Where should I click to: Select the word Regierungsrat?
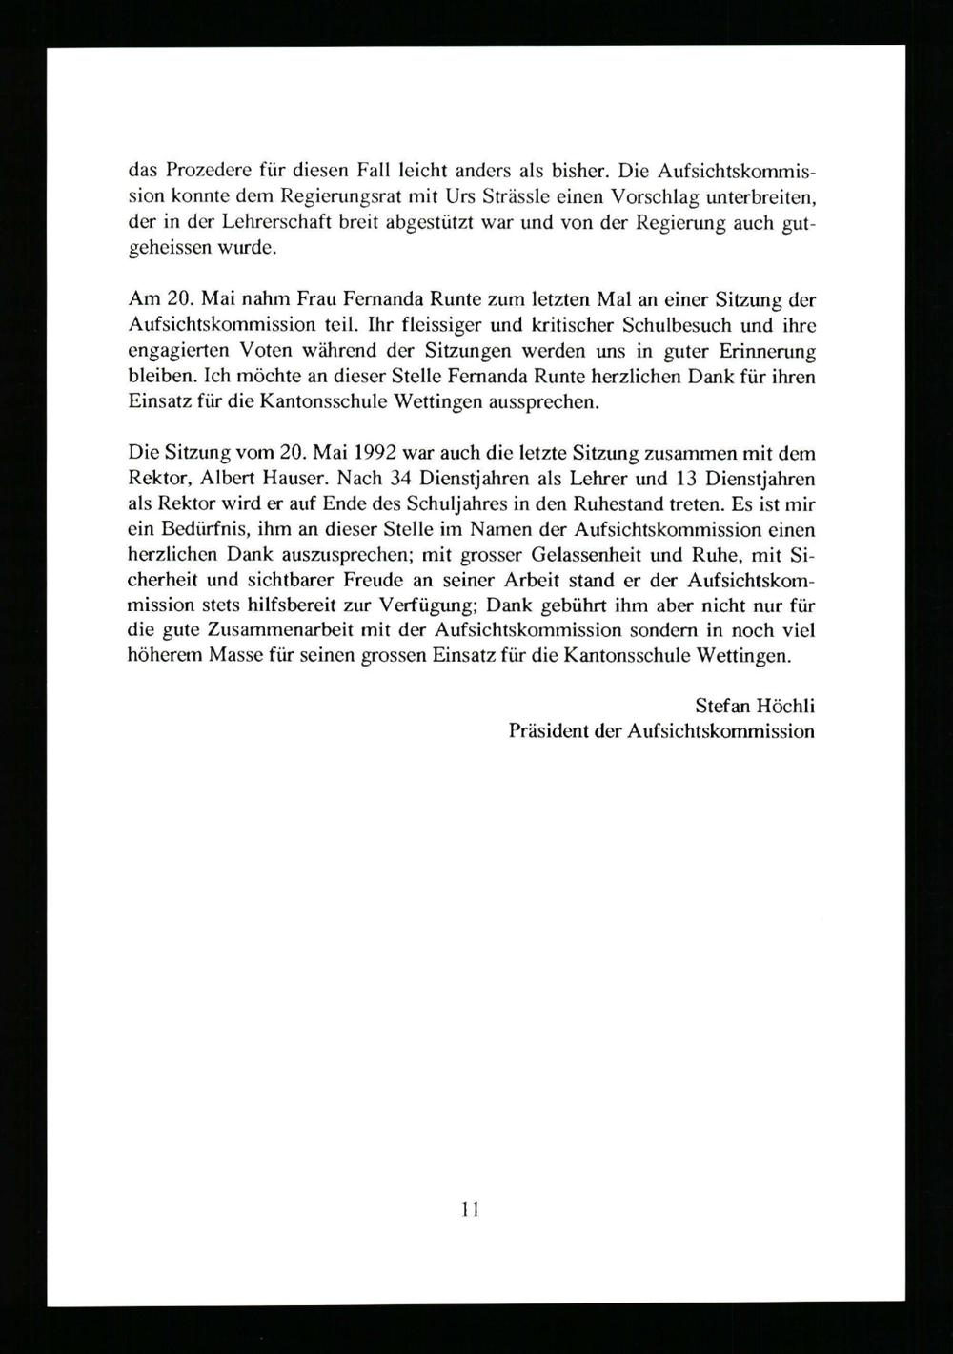(307, 198)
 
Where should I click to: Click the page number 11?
(470, 1210)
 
